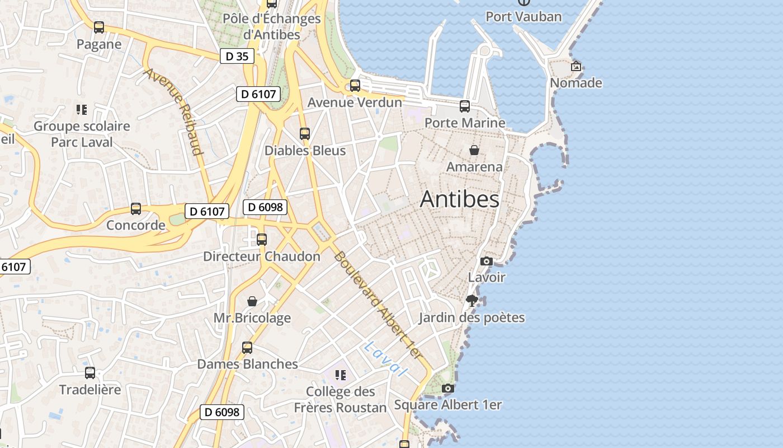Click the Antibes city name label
(x=459, y=199)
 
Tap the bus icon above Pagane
(x=99, y=27)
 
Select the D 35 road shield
(x=237, y=56)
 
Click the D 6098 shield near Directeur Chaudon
(x=265, y=207)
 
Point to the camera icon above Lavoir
(x=487, y=261)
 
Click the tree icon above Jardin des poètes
(x=472, y=301)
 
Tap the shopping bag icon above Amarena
(x=474, y=150)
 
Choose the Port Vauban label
(x=523, y=17)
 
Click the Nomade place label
(x=576, y=83)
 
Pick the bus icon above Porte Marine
(x=465, y=106)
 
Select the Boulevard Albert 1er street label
(x=378, y=305)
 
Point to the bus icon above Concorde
(x=136, y=209)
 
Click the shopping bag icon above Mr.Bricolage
(x=252, y=301)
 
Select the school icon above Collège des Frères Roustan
(x=340, y=375)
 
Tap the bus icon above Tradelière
(x=90, y=373)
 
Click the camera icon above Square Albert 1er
(x=447, y=388)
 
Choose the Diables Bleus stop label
(x=305, y=151)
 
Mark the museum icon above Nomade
(x=576, y=67)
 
